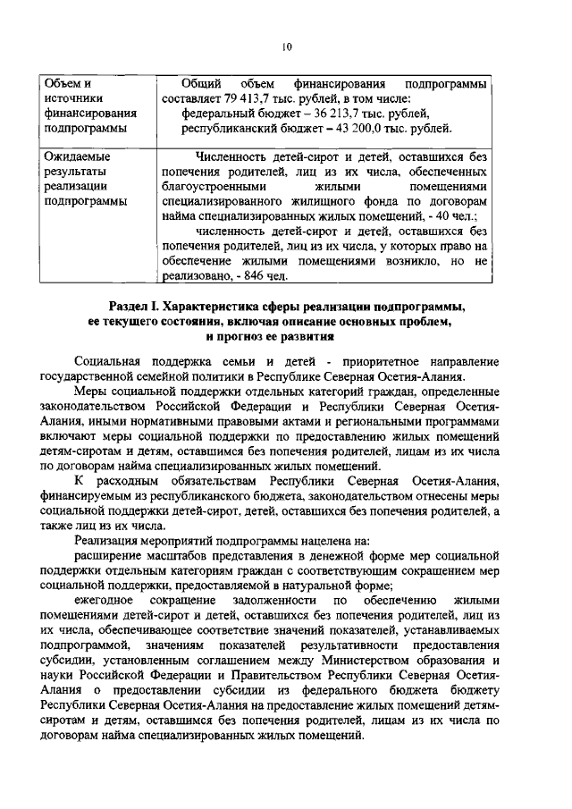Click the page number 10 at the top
pyautogui.click(x=286, y=46)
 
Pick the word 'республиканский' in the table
pyautogui.click(x=228, y=129)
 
